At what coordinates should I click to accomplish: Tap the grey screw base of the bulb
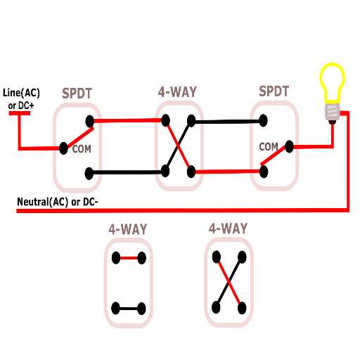coord(333,112)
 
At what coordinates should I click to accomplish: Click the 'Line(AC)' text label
coord(21,93)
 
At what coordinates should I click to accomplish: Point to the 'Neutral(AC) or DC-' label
coord(58,202)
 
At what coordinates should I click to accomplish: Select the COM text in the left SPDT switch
coord(82,149)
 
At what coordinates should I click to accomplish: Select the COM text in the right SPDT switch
coord(269,147)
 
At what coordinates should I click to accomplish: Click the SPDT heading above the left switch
coord(77,94)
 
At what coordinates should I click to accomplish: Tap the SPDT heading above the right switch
coord(274,91)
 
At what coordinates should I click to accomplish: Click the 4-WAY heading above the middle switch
coord(177,92)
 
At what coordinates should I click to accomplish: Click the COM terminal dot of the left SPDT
coord(63,148)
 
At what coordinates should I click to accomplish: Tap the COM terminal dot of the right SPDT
coord(290,147)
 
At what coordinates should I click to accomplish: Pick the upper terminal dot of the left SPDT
coord(90,121)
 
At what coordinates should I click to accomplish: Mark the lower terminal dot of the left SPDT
coord(89,174)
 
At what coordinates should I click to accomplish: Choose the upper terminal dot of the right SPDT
coord(263,120)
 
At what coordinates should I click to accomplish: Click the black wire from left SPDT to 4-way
coord(127,172)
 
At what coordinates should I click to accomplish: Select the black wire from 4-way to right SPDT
coord(227,122)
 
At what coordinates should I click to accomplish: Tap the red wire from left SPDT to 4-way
coord(128,121)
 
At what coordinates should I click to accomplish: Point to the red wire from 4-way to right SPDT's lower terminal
coord(228,172)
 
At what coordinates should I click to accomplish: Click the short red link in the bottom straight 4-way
coord(129,258)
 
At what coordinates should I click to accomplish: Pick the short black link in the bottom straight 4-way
coord(128,309)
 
